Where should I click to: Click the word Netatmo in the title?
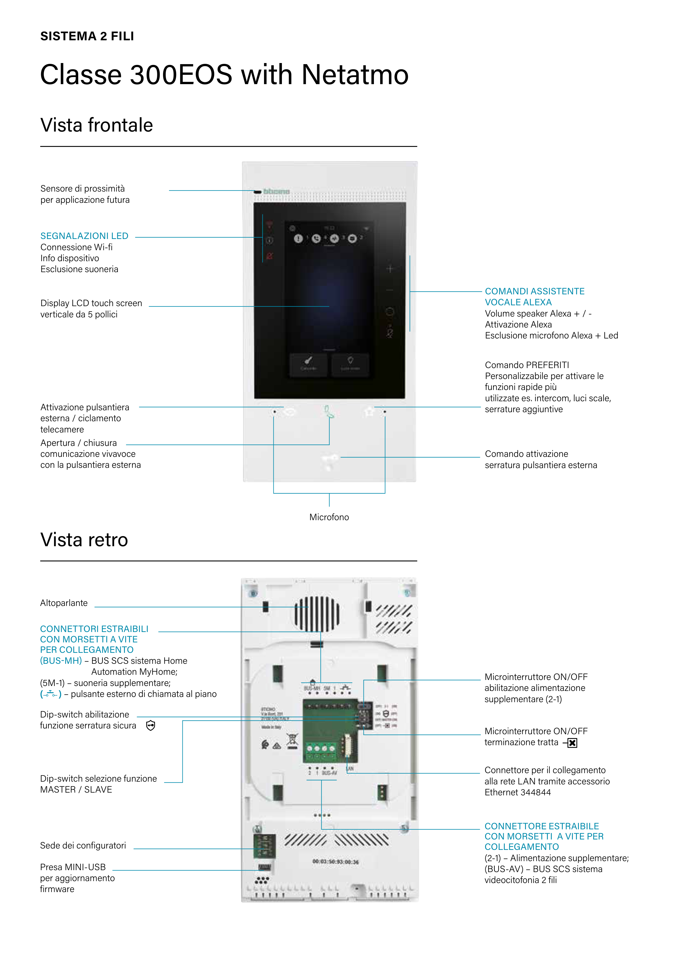tap(355, 75)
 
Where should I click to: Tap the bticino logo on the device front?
tap(276, 191)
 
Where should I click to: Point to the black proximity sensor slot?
tap(257, 192)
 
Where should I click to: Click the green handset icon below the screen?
tap(329, 411)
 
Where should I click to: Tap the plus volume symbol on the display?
tap(390, 269)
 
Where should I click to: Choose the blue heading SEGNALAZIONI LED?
tap(84, 236)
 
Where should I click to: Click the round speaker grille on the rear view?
tap(317, 613)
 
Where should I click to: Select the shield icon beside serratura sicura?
tap(150, 725)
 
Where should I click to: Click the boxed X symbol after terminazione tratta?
tap(572, 743)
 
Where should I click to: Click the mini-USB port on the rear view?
tap(264, 867)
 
